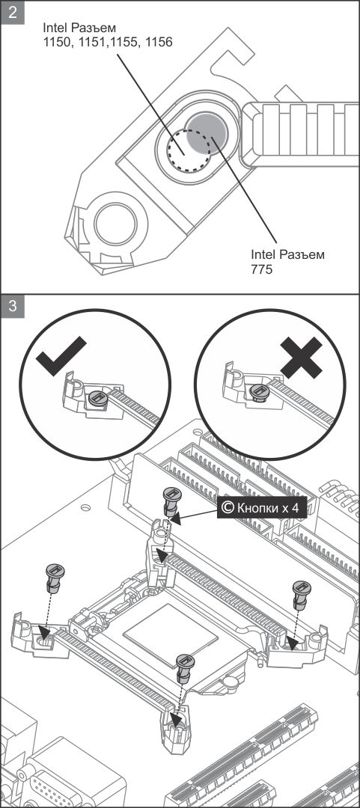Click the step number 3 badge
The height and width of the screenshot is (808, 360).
[x=13, y=306]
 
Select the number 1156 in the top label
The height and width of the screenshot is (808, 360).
[x=159, y=42]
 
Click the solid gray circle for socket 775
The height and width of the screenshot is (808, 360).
[x=207, y=133]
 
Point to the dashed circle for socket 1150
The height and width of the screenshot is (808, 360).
[x=189, y=149]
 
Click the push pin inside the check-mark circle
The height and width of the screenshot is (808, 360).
[x=97, y=398]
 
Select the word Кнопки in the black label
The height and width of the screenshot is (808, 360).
[x=256, y=508]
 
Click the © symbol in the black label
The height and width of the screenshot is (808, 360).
[x=227, y=508]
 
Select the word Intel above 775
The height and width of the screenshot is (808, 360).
[x=263, y=254]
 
